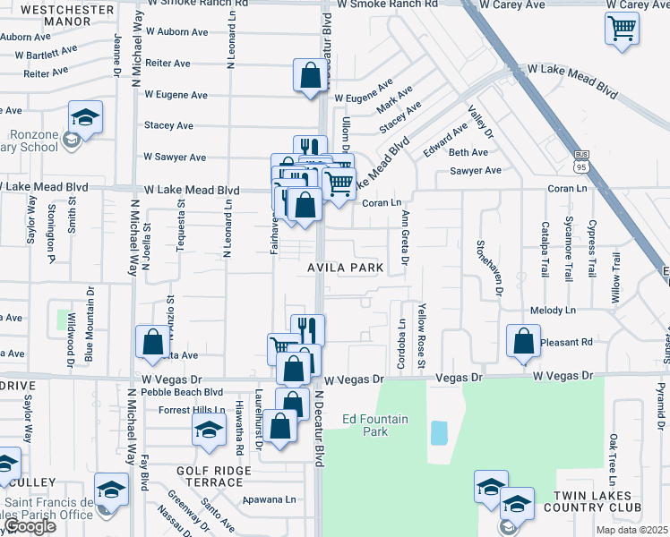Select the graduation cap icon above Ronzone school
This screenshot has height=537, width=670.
click(x=85, y=117)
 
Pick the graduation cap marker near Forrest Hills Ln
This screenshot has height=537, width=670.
click(x=209, y=430)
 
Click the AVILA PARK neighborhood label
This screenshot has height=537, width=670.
click(x=346, y=268)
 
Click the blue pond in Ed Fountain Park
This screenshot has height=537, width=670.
click(x=439, y=433)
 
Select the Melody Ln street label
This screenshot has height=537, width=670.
click(x=553, y=311)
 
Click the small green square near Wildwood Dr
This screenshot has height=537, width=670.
click(x=64, y=320)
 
